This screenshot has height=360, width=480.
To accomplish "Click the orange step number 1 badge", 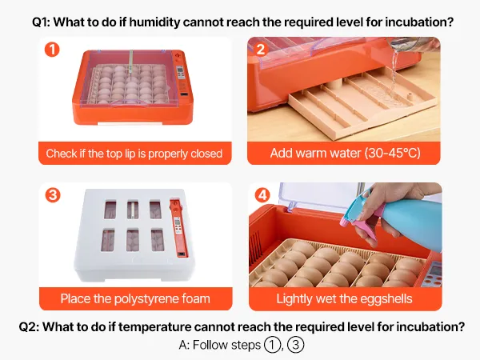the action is pos(52,50).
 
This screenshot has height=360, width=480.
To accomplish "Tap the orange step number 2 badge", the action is pos(261,50).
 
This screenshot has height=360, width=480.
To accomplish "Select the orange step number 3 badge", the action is pos(53,195).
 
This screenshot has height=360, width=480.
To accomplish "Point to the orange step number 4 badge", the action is pos(262,195).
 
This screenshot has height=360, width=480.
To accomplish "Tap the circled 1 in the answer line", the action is pos(271,345).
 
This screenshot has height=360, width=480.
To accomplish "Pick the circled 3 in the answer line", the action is pos(296,345).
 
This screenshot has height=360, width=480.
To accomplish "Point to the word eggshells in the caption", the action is pos(386,299).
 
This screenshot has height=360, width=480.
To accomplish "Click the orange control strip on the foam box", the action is pos(178,228).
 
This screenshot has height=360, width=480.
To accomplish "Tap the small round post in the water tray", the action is pos(410,96).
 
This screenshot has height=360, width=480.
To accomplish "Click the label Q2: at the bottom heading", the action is pos(29,327).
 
